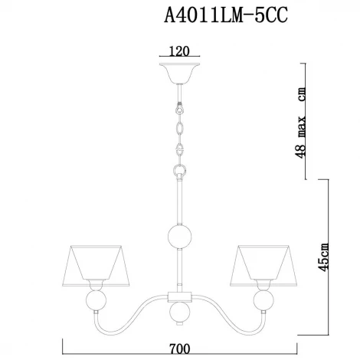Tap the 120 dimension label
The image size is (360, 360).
click(180, 53)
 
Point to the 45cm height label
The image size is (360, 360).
click(326, 257)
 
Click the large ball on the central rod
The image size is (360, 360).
click(180, 237)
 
